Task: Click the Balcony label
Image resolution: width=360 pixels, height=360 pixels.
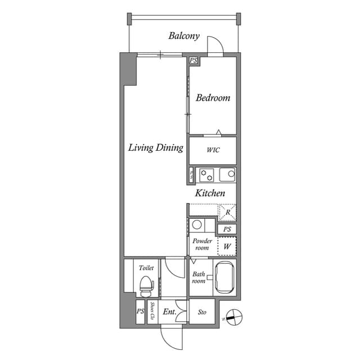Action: click(x=184, y=36)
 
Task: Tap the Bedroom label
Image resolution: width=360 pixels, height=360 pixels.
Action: click(x=213, y=98)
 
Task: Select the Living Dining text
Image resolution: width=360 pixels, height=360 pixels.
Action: click(x=156, y=148)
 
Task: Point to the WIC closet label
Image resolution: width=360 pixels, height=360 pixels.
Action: click(x=213, y=150)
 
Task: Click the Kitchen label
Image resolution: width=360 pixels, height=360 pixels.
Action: click(x=210, y=193)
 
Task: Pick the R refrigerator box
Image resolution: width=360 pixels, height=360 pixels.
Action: click(x=227, y=213)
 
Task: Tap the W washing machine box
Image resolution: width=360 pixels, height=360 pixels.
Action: click(x=227, y=246)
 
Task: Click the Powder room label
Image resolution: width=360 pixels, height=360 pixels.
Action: click(x=202, y=245)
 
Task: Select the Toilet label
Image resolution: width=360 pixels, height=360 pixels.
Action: click(x=146, y=268)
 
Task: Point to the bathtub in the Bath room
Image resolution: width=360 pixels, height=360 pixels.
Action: click(x=224, y=277)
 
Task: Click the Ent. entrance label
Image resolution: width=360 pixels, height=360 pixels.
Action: click(x=169, y=312)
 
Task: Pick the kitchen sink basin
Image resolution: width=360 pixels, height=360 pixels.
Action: click(x=227, y=175)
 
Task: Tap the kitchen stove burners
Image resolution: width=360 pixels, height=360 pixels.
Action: click(x=206, y=175)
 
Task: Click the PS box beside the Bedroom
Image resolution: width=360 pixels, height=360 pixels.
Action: click(x=193, y=60)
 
